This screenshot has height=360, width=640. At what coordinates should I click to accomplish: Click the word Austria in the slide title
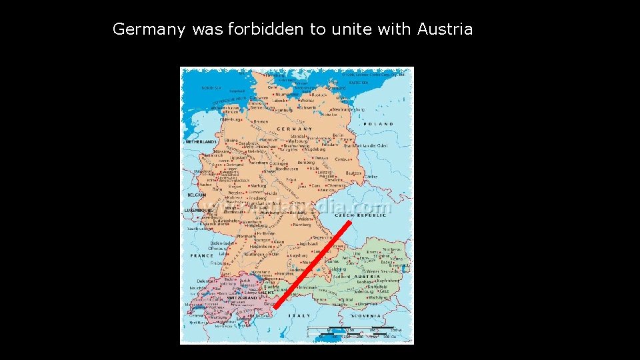[x=445, y=29]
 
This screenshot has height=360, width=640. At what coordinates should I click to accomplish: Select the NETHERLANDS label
[x=201, y=142]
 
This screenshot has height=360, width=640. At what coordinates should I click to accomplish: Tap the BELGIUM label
[x=197, y=195]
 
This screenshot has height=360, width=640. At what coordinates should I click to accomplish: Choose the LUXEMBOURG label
[x=199, y=211]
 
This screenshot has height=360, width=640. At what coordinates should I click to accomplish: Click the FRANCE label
[x=201, y=255]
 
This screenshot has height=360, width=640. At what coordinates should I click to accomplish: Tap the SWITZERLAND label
[x=242, y=297]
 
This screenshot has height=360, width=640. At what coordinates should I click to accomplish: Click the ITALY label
[x=300, y=315]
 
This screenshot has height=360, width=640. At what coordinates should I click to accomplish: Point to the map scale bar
[x=353, y=331]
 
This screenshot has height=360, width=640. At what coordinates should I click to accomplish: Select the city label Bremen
[x=261, y=122]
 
